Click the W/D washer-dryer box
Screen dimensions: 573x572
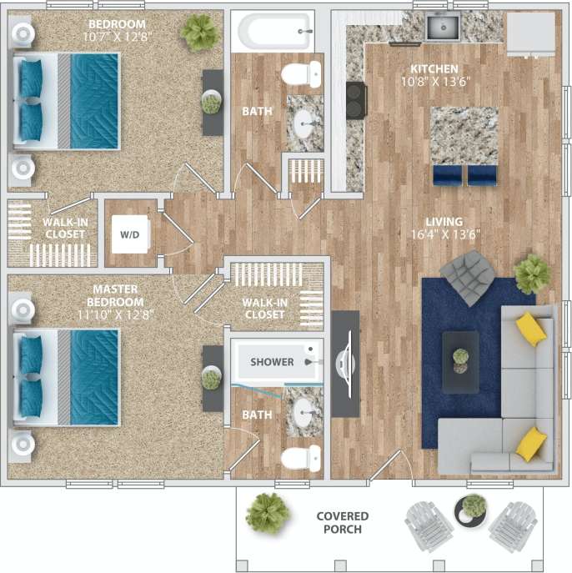click(x=130, y=235)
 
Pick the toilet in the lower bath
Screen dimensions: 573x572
click(x=301, y=458)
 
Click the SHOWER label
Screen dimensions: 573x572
click(x=272, y=362)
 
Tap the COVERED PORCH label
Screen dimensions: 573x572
click(x=339, y=523)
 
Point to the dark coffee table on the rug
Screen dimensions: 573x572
click(x=460, y=361)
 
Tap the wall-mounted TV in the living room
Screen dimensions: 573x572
click(x=344, y=362)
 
